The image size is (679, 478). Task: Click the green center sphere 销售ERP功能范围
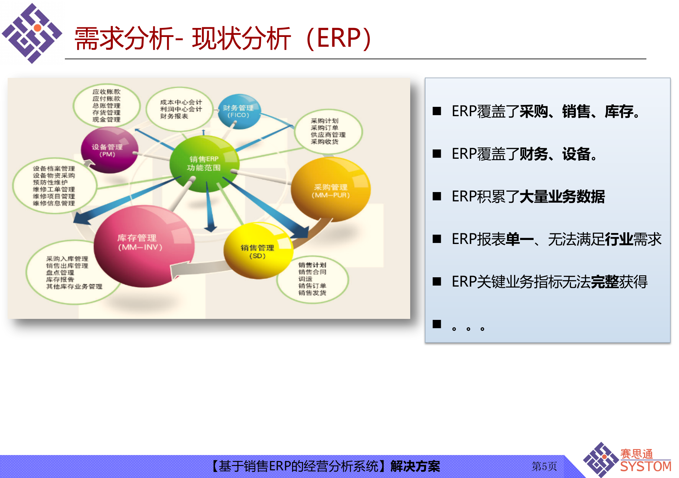pos(204,163)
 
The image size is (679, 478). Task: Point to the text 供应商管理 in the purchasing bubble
pos(328,135)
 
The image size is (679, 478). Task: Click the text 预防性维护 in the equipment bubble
pos(50,182)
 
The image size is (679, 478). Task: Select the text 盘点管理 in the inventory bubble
pos(60,273)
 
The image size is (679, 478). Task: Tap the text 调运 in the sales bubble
pos(305,279)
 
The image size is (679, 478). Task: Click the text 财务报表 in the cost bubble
pos(174,116)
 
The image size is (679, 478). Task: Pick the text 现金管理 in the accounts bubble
pos(106,120)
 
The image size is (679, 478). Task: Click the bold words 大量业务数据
pos(562,197)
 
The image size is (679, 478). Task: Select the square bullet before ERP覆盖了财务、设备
pos(437,154)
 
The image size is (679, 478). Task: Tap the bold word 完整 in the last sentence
pos(605,282)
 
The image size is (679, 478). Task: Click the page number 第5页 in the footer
pos(544,466)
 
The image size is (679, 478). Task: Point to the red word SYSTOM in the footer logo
pos(645,467)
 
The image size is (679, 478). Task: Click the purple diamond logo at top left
pos(32,33)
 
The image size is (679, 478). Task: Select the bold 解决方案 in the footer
pos(415,466)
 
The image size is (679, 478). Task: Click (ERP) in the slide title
pos(339,38)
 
